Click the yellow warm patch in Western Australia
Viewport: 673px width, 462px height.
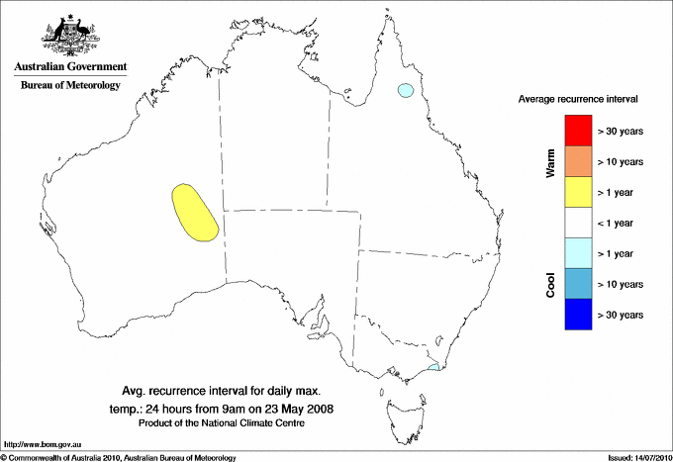coord(194,212)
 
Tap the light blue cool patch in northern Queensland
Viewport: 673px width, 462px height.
coord(404,92)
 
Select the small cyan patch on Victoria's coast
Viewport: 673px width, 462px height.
coord(433,367)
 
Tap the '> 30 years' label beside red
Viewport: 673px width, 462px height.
coord(621,131)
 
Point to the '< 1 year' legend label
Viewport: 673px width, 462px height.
coord(618,223)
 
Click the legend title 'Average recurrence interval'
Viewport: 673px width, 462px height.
coord(578,100)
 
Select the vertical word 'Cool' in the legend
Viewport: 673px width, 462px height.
coord(550,283)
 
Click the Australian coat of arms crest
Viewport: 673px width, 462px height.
coord(70,36)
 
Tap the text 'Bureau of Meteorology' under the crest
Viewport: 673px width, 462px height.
coord(70,85)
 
